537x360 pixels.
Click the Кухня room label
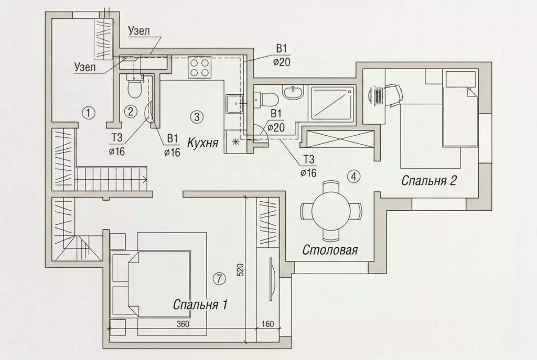[x=203, y=141]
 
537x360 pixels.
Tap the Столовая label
[x=330, y=250]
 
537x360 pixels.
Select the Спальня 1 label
[x=200, y=304]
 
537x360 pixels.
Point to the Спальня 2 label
[x=429, y=181]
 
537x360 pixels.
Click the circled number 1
[x=90, y=112]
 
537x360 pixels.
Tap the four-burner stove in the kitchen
[x=199, y=68]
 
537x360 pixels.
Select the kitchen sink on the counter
[x=233, y=104]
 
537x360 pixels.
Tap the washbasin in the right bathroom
[x=293, y=92]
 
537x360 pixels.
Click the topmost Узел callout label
[x=138, y=31]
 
